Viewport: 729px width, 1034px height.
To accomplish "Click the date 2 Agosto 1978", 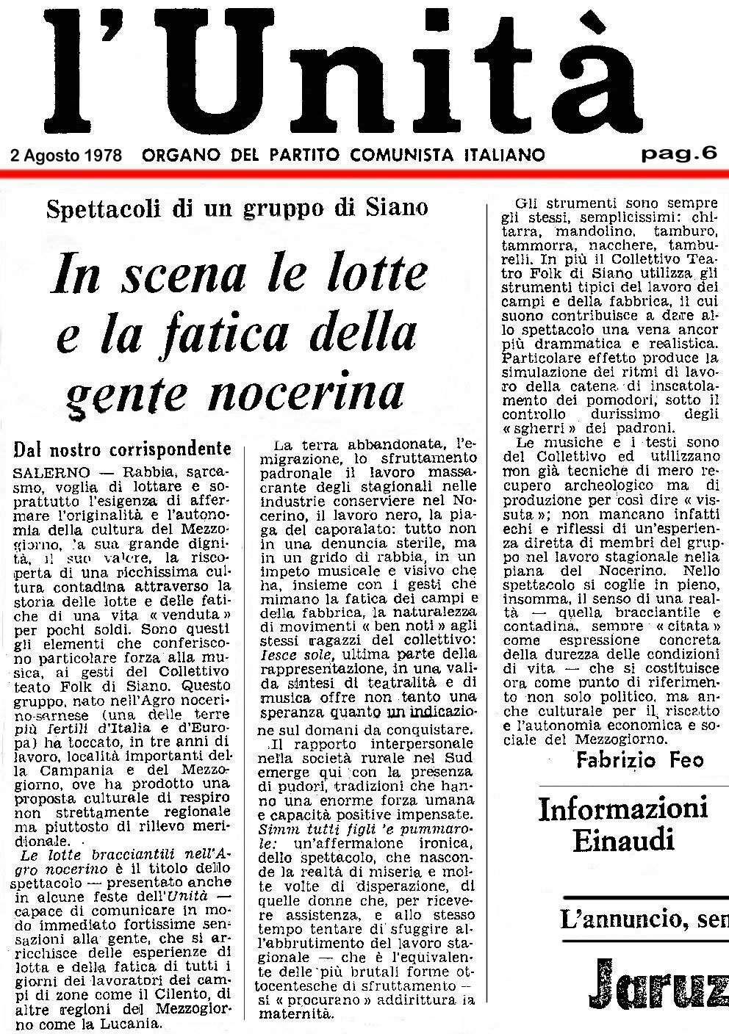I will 67,155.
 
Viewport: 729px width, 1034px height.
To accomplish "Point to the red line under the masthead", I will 364,172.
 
